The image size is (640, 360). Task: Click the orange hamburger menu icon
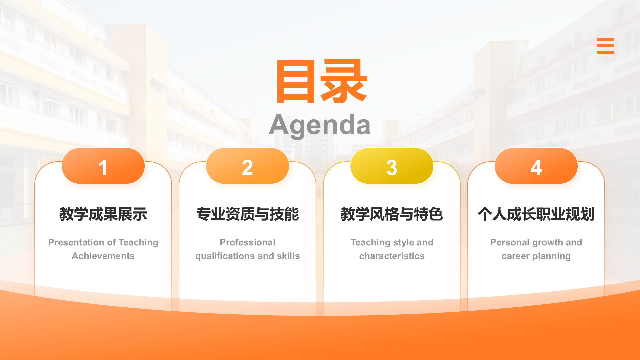tap(605, 46)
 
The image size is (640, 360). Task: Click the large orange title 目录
tap(321, 81)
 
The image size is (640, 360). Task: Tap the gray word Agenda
tap(320, 125)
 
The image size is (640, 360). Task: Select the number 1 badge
tap(103, 166)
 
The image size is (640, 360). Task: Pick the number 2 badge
tap(247, 166)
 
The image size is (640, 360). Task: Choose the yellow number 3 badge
tap(392, 166)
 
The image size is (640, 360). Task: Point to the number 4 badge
tap(536, 166)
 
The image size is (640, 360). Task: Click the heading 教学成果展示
tap(103, 214)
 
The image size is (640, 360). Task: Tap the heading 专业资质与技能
tap(247, 214)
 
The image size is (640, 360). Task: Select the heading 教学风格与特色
tap(392, 214)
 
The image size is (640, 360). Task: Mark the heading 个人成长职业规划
tap(536, 214)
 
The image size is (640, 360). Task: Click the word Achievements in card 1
tap(103, 256)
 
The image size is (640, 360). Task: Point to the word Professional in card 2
tap(247, 242)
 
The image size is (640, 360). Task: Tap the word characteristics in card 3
tap(392, 256)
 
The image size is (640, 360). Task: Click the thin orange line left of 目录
tap(197, 104)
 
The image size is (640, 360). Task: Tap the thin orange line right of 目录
tap(443, 104)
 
